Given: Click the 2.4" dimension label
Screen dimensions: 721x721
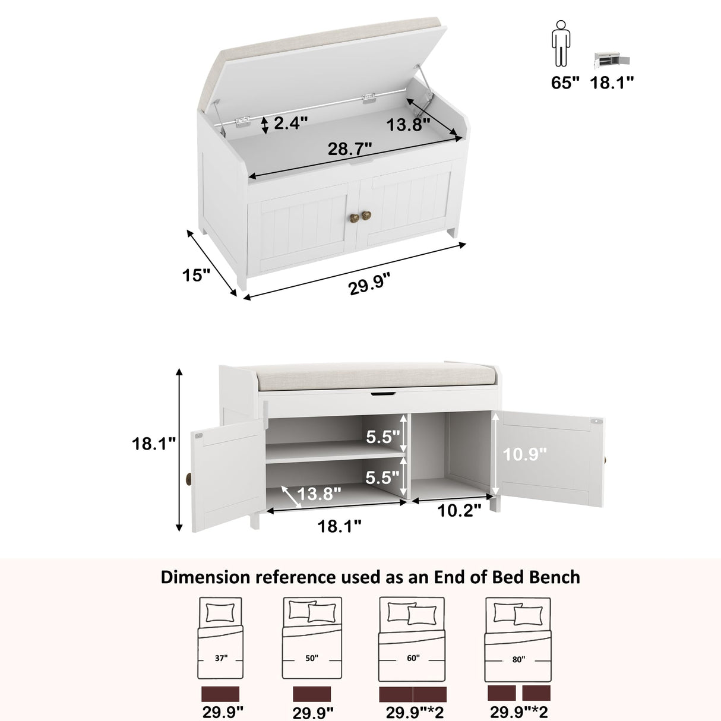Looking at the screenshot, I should pyautogui.click(x=290, y=123).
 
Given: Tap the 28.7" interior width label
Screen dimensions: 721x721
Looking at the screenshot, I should pyautogui.click(x=350, y=148).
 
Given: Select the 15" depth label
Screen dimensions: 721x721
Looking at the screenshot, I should pyautogui.click(x=196, y=275).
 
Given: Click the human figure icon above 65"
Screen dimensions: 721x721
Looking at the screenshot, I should pyautogui.click(x=560, y=44).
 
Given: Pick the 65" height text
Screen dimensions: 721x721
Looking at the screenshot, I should pyautogui.click(x=565, y=83).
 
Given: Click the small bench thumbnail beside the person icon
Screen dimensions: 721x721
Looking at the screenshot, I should pyautogui.click(x=612, y=61).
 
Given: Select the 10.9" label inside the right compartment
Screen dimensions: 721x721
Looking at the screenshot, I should pyautogui.click(x=524, y=454).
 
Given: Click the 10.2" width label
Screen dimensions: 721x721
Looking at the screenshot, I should pyautogui.click(x=459, y=510).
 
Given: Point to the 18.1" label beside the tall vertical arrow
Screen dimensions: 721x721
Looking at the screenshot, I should pyautogui.click(x=154, y=443).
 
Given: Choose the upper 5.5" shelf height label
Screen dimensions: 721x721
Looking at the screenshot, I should pyautogui.click(x=382, y=437).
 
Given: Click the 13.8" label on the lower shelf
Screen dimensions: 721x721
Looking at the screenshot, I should pyautogui.click(x=319, y=493).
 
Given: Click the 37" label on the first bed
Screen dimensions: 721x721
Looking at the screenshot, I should pyautogui.click(x=221, y=658).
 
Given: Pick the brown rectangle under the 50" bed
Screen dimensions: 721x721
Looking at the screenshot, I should pyautogui.click(x=312, y=694).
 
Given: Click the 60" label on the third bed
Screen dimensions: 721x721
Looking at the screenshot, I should pyautogui.click(x=413, y=658).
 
